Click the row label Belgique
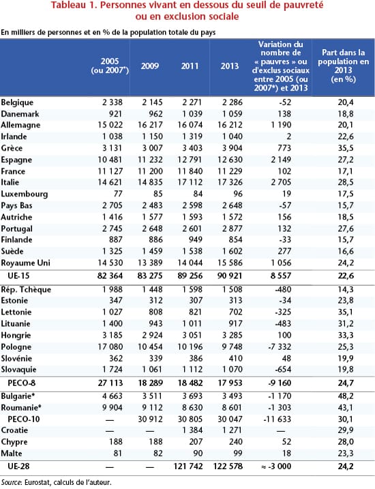[18, 101]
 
